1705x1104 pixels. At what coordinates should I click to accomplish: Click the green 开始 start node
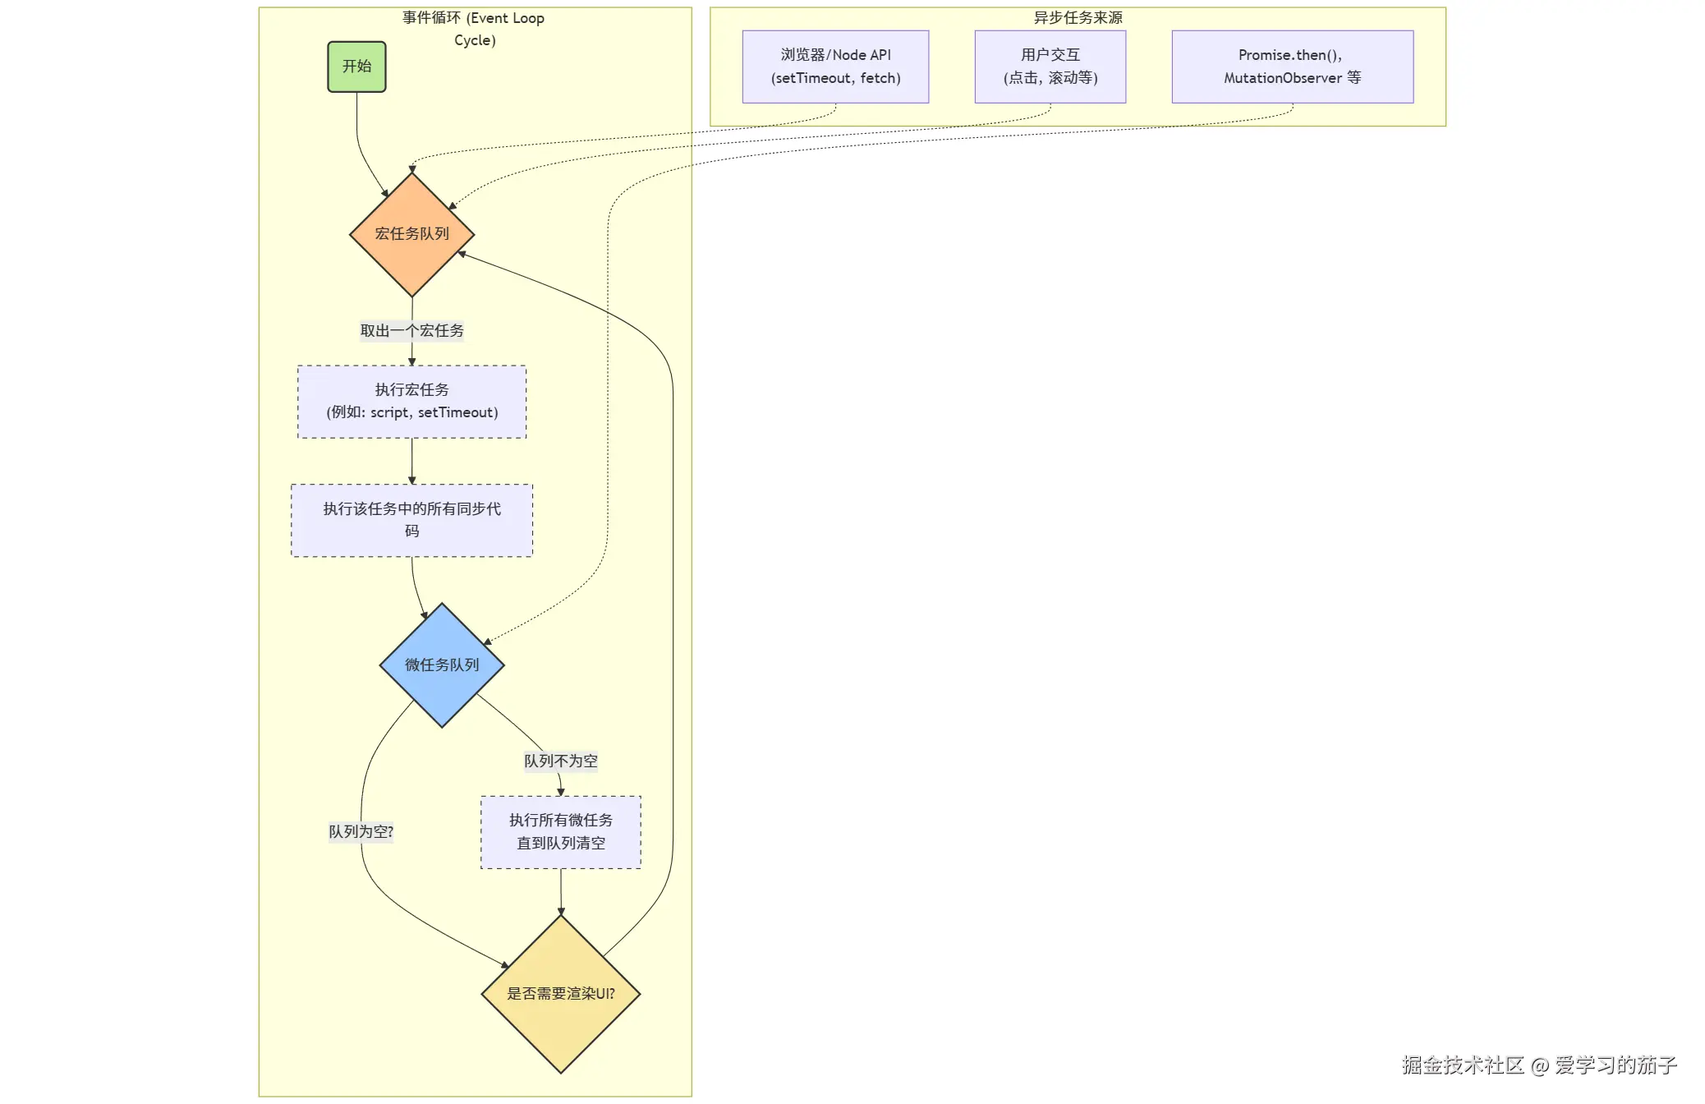coord(356,67)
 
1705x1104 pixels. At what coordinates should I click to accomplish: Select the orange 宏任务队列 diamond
coord(411,234)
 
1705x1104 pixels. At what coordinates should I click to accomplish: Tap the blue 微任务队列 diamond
coord(442,665)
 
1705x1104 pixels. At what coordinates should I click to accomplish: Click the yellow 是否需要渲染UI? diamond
coord(561,993)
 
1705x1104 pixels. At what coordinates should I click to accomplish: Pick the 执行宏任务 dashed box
coord(411,401)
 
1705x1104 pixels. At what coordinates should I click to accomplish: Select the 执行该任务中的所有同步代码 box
coord(411,520)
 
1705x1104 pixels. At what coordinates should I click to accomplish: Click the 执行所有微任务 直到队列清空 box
coord(561,831)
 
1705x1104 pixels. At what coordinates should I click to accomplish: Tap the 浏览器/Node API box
coord(835,67)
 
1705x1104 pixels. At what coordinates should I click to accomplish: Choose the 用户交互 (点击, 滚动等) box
coord(1050,67)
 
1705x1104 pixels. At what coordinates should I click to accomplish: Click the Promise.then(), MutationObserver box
coord(1292,67)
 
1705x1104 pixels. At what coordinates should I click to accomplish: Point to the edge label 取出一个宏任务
coord(411,330)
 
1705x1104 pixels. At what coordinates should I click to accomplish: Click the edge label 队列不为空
coord(561,761)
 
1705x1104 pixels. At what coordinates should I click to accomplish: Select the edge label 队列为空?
coord(361,831)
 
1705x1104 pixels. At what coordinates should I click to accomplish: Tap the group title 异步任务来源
coord(1078,17)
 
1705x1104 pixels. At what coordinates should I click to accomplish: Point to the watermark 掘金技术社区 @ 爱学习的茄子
coord(1538,1065)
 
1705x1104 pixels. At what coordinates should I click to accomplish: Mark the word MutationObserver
coord(1282,78)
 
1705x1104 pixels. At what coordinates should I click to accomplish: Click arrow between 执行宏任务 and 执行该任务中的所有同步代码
coord(411,461)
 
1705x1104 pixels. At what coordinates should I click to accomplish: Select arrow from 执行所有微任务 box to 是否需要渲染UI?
coord(561,891)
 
